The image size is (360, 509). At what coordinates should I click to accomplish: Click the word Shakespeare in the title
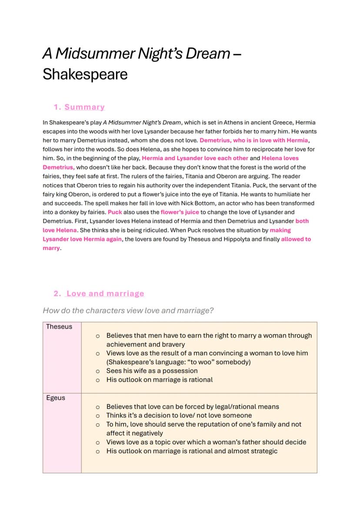pos(85,74)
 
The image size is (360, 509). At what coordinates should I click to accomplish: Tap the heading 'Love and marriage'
pos(105,294)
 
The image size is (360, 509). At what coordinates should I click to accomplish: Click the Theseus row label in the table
pos(59,327)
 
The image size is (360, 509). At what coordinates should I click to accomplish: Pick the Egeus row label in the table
pos(56,398)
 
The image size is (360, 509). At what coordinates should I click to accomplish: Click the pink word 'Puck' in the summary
pos(115,212)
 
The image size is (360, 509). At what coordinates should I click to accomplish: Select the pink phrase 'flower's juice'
pos(180,212)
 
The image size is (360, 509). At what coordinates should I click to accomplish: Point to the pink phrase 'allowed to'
pos(296,239)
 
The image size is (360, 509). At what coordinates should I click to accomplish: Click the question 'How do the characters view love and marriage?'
pos(128,310)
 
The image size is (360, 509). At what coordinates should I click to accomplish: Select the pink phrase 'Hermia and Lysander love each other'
pos(195,158)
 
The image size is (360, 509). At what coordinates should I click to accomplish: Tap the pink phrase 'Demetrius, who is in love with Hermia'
pos(254,140)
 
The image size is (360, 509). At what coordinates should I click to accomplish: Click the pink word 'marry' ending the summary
pos(51,248)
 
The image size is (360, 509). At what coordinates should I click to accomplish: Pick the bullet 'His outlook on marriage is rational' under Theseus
pos(159,379)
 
